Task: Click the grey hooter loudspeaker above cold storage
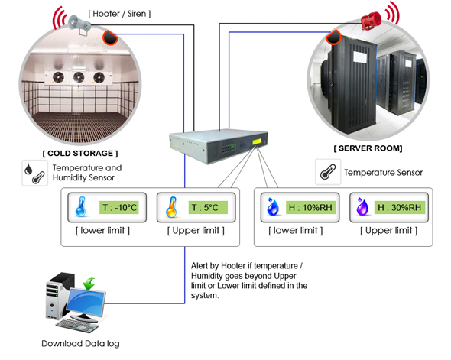79,24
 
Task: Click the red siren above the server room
372,21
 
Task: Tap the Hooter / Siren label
119,14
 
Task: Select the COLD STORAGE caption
80,154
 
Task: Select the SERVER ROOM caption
368,148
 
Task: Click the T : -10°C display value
119,207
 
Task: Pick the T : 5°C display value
208,207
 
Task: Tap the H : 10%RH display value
310,207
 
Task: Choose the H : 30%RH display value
400,207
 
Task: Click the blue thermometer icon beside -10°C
80,206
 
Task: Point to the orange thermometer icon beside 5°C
171,207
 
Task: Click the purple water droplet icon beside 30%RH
362,206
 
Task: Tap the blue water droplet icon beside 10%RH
273,206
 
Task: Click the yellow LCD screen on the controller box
257,141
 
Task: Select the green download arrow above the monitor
89,284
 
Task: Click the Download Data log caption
80,344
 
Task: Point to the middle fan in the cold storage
79,77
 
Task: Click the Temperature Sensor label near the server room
384,173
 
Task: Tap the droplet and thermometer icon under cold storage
35,173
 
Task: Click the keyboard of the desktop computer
77,326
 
